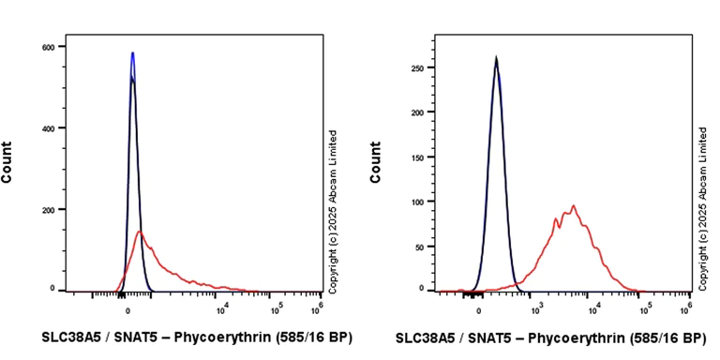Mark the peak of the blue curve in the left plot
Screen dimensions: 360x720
[x=132, y=53]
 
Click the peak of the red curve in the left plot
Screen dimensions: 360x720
[x=139, y=231]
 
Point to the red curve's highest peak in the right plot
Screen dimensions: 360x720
[x=573, y=205]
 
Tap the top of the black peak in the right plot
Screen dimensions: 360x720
[x=496, y=58]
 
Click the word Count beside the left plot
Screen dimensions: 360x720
[x=8, y=161]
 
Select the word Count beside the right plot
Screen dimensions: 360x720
[x=376, y=161]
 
